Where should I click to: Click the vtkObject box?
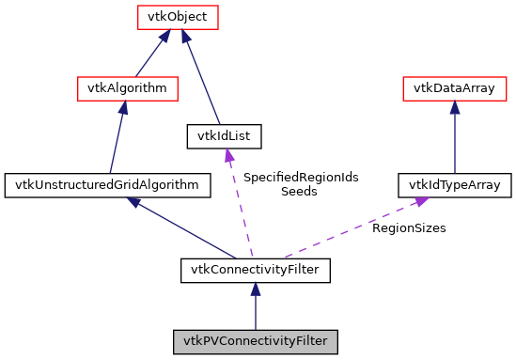(178, 17)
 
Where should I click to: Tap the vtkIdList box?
(224, 137)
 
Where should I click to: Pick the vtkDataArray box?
(455, 89)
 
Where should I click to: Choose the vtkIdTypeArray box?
(455, 185)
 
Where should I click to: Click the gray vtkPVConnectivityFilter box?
(255, 340)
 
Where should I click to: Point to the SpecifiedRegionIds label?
(301, 177)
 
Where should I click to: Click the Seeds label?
(299, 192)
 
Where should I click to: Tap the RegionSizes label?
(409, 227)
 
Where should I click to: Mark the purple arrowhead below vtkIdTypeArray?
(422, 202)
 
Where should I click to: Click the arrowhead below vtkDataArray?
(455, 109)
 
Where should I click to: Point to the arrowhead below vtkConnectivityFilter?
(255, 292)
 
